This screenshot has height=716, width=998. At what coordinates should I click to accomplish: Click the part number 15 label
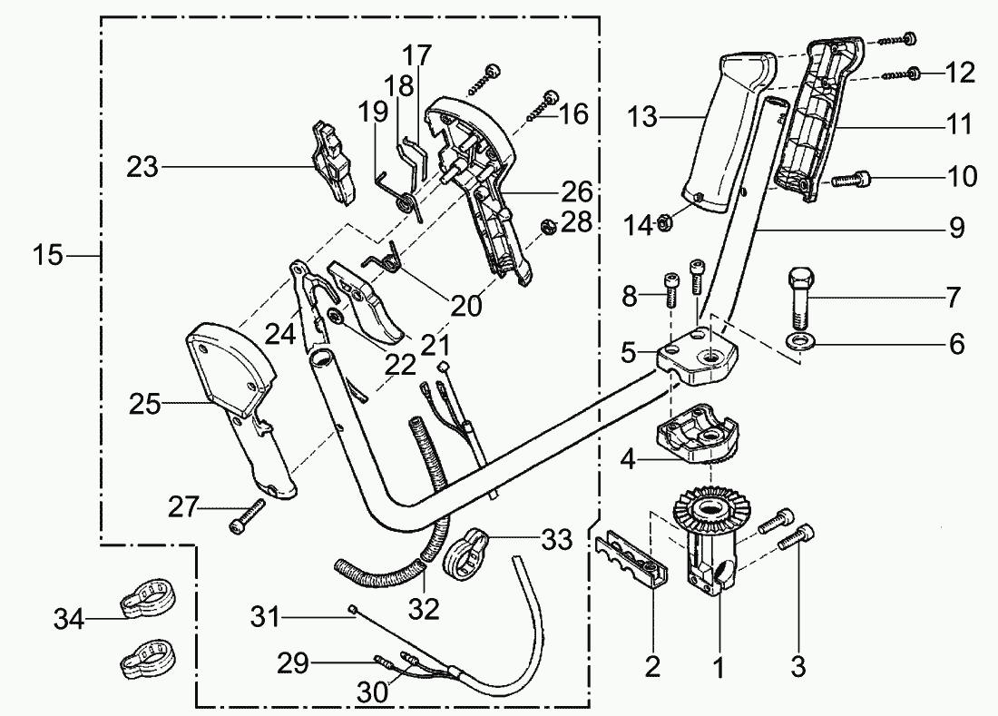click(x=51, y=256)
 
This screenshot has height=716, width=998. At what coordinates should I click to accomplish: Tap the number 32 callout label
click(x=424, y=607)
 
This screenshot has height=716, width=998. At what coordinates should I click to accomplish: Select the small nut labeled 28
click(x=548, y=226)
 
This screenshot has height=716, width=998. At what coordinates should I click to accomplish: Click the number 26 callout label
click(x=578, y=191)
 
